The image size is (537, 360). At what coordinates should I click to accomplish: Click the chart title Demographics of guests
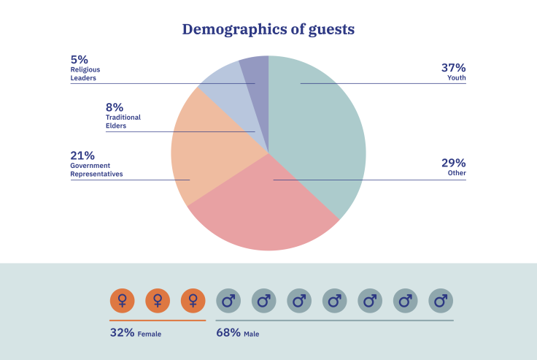pyautogui.click(x=268, y=30)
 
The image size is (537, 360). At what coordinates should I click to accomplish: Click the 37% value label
pyautogui.click(x=453, y=68)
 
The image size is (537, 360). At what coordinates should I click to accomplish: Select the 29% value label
pyautogui.click(x=453, y=163)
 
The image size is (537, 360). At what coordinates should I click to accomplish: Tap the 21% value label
pyautogui.click(x=82, y=156)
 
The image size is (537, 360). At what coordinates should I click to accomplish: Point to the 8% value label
pyautogui.click(x=115, y=107)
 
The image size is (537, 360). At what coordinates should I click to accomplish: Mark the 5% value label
pyautogui.click(x=79, y=59)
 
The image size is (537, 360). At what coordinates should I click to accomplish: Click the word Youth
pyautogui.click(x=457, y=78)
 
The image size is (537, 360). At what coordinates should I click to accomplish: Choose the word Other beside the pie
pyautogui.click(x=457, y=173)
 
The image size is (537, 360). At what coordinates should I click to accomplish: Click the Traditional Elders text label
pyautogui.click(x=123, y=121)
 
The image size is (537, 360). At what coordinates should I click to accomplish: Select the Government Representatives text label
pyautogui.click(x=96, y=170)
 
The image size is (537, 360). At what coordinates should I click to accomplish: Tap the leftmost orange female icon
pyautogui.click(x=122, y=300)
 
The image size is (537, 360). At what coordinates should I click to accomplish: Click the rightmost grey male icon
pyautogui.click(x=441, y=300)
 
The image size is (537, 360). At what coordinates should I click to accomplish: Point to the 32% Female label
pyautogui.click(x=135, y=333)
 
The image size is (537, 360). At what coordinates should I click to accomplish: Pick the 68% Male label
pyautogui.click(x=237, y=333)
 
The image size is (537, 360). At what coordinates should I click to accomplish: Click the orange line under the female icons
pyautogui.click(x=158, y=320)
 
